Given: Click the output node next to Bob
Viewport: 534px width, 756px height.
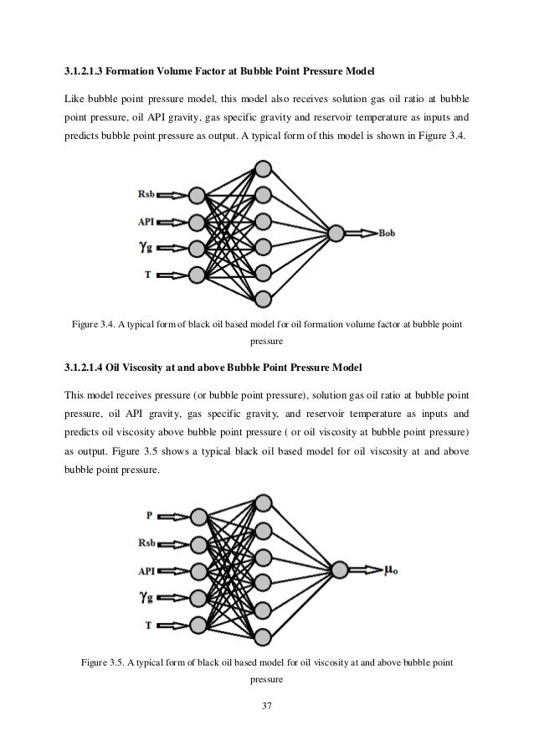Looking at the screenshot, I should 336,233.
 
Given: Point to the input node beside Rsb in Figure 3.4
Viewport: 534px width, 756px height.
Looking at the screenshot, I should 198,197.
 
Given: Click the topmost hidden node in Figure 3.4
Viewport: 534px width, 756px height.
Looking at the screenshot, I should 264,169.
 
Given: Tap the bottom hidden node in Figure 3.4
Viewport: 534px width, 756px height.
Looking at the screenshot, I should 264,297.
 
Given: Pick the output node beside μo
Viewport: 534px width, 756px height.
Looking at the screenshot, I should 338,570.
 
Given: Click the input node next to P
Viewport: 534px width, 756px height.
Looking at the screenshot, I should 198,517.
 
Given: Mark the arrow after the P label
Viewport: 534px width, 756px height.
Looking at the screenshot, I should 175,517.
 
